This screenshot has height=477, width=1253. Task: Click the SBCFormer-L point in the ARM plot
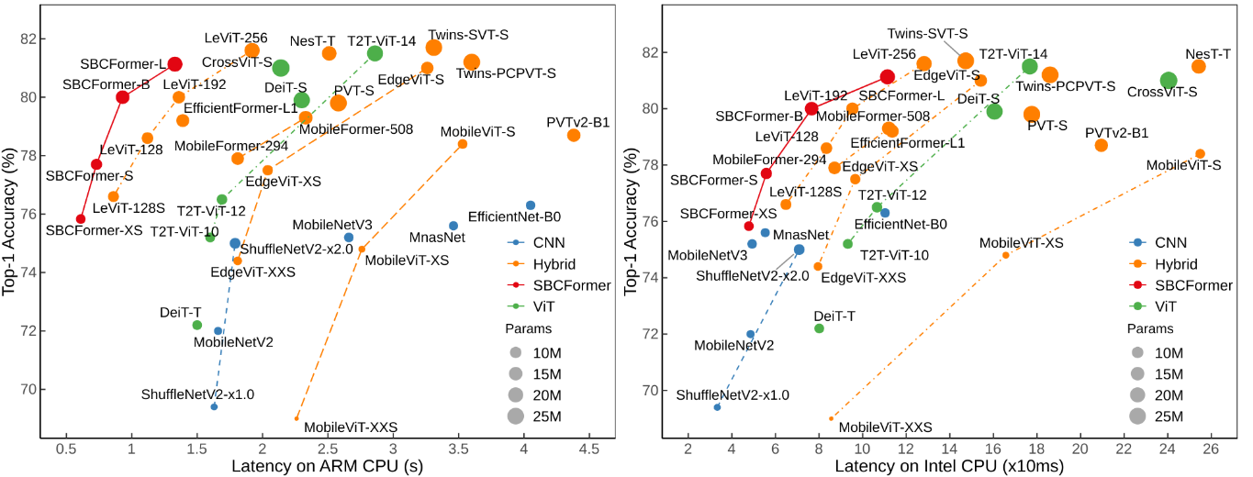click(174, 63)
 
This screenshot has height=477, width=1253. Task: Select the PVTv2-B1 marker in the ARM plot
click(574, 135)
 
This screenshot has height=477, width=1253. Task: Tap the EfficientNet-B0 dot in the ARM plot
click(531, 205)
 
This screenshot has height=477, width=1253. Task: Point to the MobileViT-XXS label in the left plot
click(351, 427)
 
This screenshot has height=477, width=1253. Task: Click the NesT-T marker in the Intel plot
click(1199, 66)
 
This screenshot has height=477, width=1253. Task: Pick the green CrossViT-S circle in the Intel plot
click(1169, 81)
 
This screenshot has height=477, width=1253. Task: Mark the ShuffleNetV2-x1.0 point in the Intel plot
click(717, 406)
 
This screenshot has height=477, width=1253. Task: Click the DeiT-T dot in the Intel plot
click(819, 328)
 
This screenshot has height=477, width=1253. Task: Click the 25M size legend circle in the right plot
click(1137, 416)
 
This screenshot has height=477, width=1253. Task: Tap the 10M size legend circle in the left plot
click(514, 351)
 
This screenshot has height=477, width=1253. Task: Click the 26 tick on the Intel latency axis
click(1212, 450)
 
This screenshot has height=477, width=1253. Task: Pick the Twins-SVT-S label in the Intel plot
click(918, 31)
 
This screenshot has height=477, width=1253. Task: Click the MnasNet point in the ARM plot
click(453, 226)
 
